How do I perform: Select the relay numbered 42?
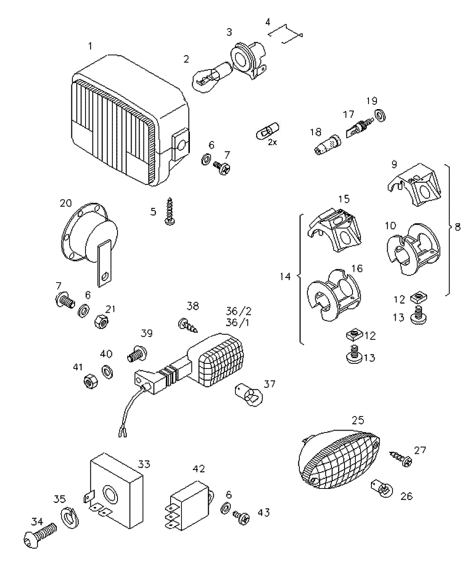(x=189, y=502)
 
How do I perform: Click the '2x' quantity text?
(x=272, y=142)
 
